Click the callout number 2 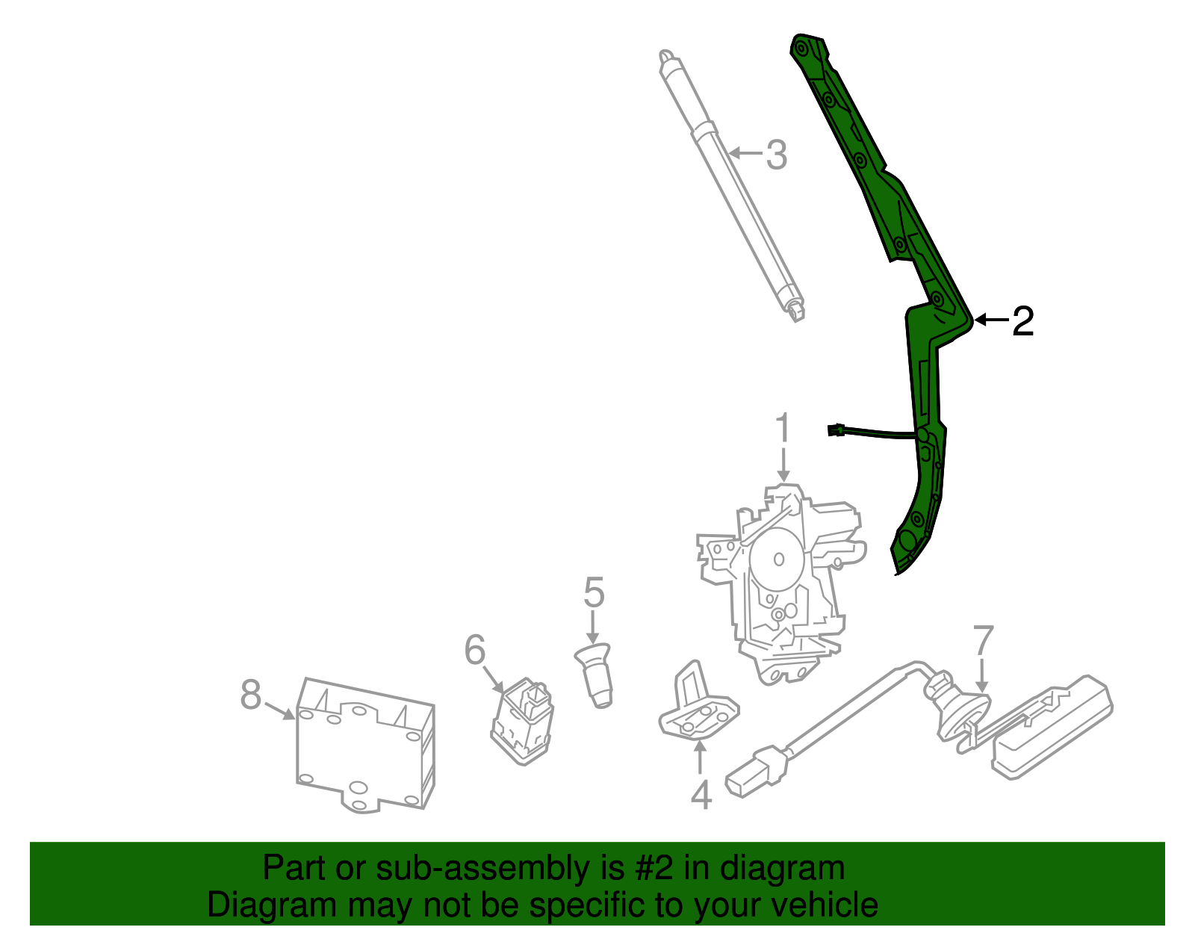1023,321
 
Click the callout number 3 777,155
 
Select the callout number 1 782,429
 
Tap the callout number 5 594,592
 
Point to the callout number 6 475,650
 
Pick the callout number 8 251,695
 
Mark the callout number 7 984,641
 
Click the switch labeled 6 523,721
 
